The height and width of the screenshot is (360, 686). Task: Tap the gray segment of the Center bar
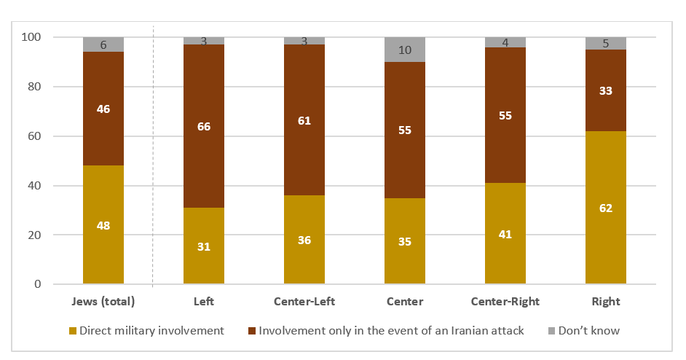pos(404,50)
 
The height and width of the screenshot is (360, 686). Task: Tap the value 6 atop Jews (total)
pos(103,45)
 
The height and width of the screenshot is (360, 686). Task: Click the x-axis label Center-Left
pos(304,300)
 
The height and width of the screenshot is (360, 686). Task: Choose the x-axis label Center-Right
pos(505,300)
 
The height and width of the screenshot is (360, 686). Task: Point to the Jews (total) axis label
pos(103,300)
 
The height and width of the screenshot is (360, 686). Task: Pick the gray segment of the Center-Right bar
pos(505,42)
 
